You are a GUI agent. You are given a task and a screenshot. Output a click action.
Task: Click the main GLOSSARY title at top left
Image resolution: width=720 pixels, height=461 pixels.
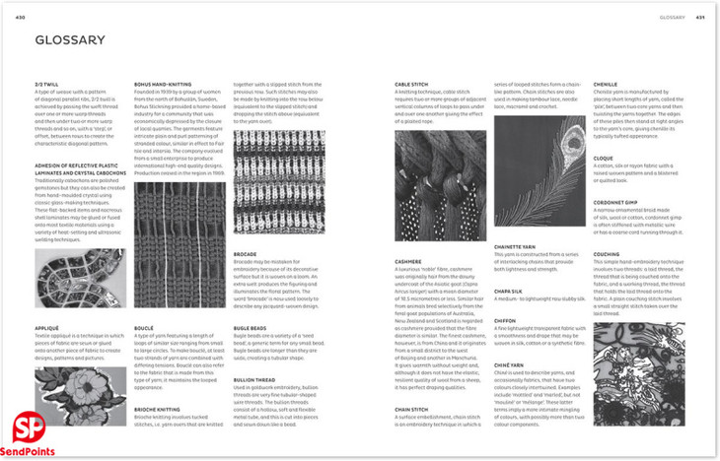(70, 40)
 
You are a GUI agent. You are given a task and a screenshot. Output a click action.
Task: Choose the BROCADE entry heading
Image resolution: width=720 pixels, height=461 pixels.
(245, 253)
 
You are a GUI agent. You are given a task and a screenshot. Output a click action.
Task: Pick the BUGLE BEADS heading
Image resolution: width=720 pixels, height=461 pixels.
(251, 327)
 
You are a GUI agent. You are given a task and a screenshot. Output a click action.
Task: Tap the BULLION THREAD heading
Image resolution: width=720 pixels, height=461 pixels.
(254, 378)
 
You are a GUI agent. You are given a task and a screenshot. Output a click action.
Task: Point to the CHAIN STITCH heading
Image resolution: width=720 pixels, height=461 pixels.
(414, 408)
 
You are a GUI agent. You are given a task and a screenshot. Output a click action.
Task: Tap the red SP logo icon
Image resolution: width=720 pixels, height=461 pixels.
(28, 428)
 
